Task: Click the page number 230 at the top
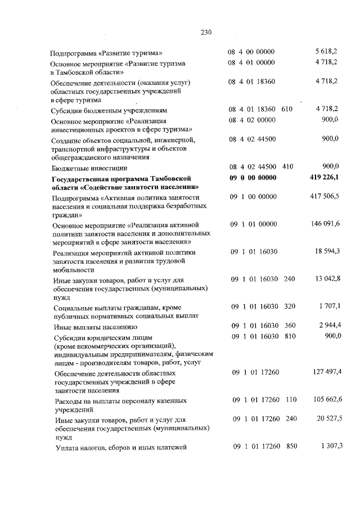[x=205, y=32]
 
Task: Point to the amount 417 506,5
[x=325, y=197]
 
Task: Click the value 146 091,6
[x=325, y=224]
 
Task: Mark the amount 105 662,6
[x=325, y=399]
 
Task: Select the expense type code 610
[x=287, y=109]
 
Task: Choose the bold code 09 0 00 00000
[x=253, y=178]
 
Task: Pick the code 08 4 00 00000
[x=251, y=52]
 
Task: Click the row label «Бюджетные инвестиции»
[x=89, y=168]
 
